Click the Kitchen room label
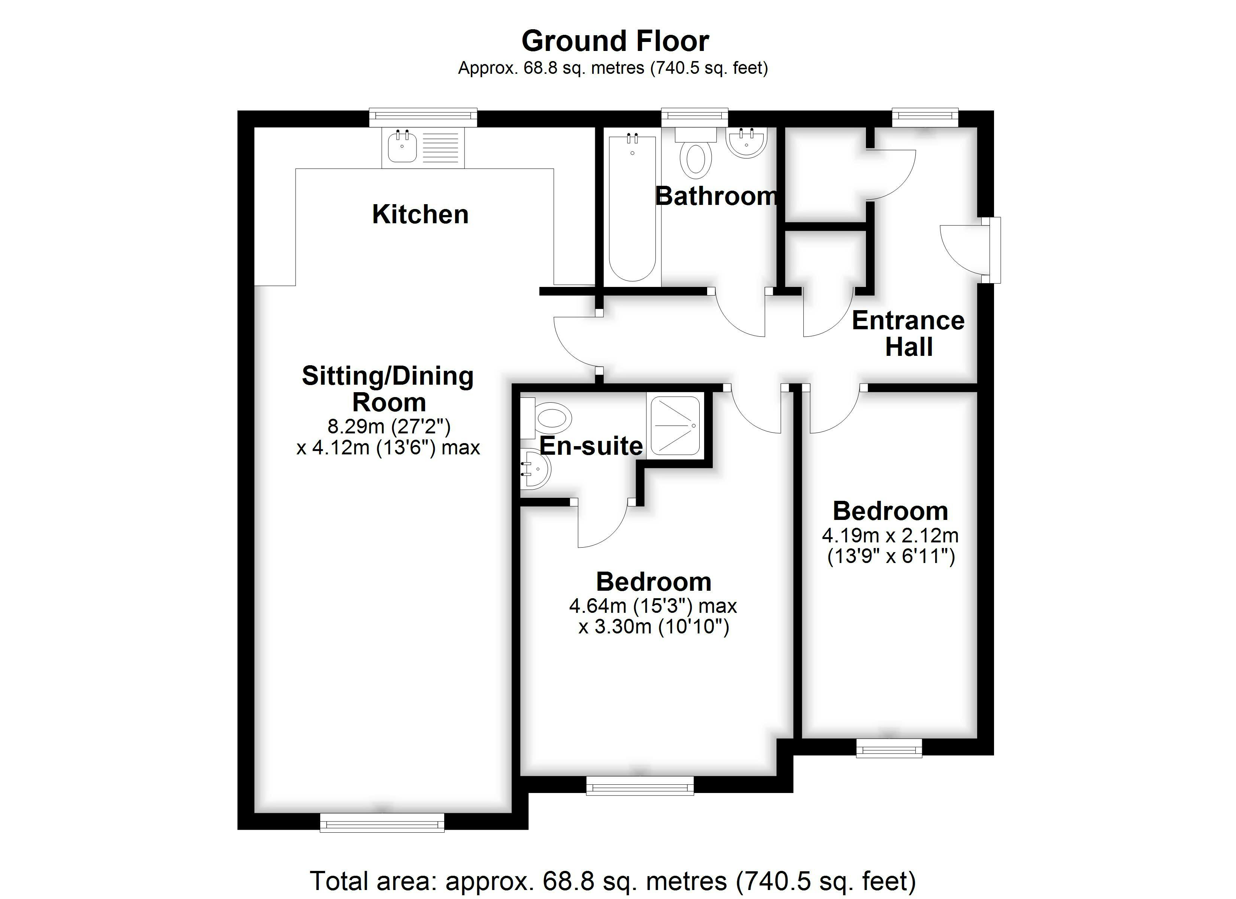(x=420, y=214)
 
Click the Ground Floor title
(x=615, y=41)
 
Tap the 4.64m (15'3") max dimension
(x=653, y=606)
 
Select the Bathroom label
(x=717, y=196)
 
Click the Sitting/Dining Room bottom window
(x=382, y=823)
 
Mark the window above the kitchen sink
(x=423, y=118)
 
